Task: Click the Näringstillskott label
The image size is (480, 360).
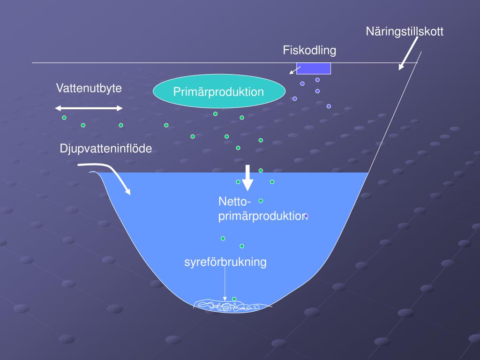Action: click(405, 32)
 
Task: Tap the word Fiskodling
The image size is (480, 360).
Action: click(309, 50)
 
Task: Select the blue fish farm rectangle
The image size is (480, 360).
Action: click(314, 68)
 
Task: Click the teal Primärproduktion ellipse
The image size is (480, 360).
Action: click(219, 92)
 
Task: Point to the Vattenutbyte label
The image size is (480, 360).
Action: click(89, 88)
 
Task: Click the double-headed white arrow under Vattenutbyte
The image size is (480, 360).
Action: click(89, 108)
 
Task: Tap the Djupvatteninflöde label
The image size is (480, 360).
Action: click(106, 149)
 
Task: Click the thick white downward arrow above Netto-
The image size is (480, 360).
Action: click(248, 178)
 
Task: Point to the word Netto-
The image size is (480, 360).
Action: click(235, 202)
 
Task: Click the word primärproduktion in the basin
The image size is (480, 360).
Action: click(263, 216)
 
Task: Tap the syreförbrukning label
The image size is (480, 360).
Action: click(225, 262)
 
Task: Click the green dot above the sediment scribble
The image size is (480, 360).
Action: click(234, 299)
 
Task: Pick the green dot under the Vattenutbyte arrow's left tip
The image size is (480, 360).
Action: click(64, 117)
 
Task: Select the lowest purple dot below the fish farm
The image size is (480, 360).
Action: click(329, 106)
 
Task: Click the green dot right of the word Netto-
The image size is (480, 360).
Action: click(261, 201)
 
